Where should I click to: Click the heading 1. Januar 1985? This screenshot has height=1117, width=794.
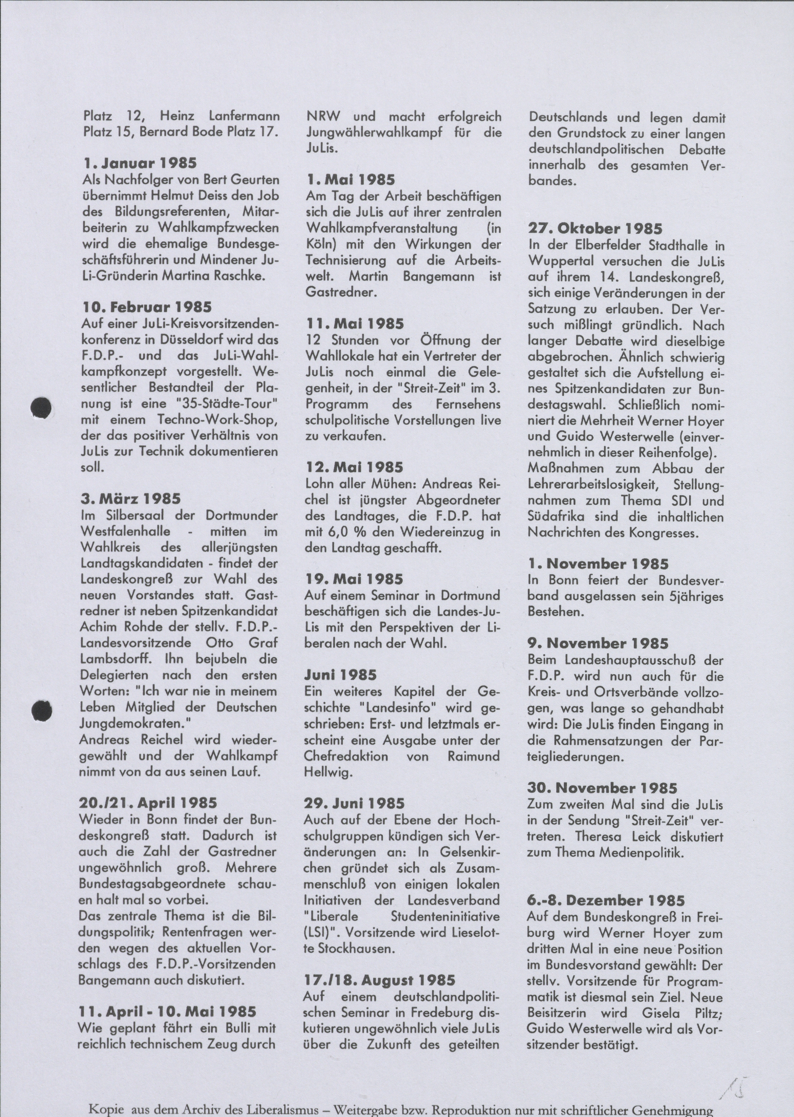140,163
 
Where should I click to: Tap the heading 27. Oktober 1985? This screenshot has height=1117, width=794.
595,228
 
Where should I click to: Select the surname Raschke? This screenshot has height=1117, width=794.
241,276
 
